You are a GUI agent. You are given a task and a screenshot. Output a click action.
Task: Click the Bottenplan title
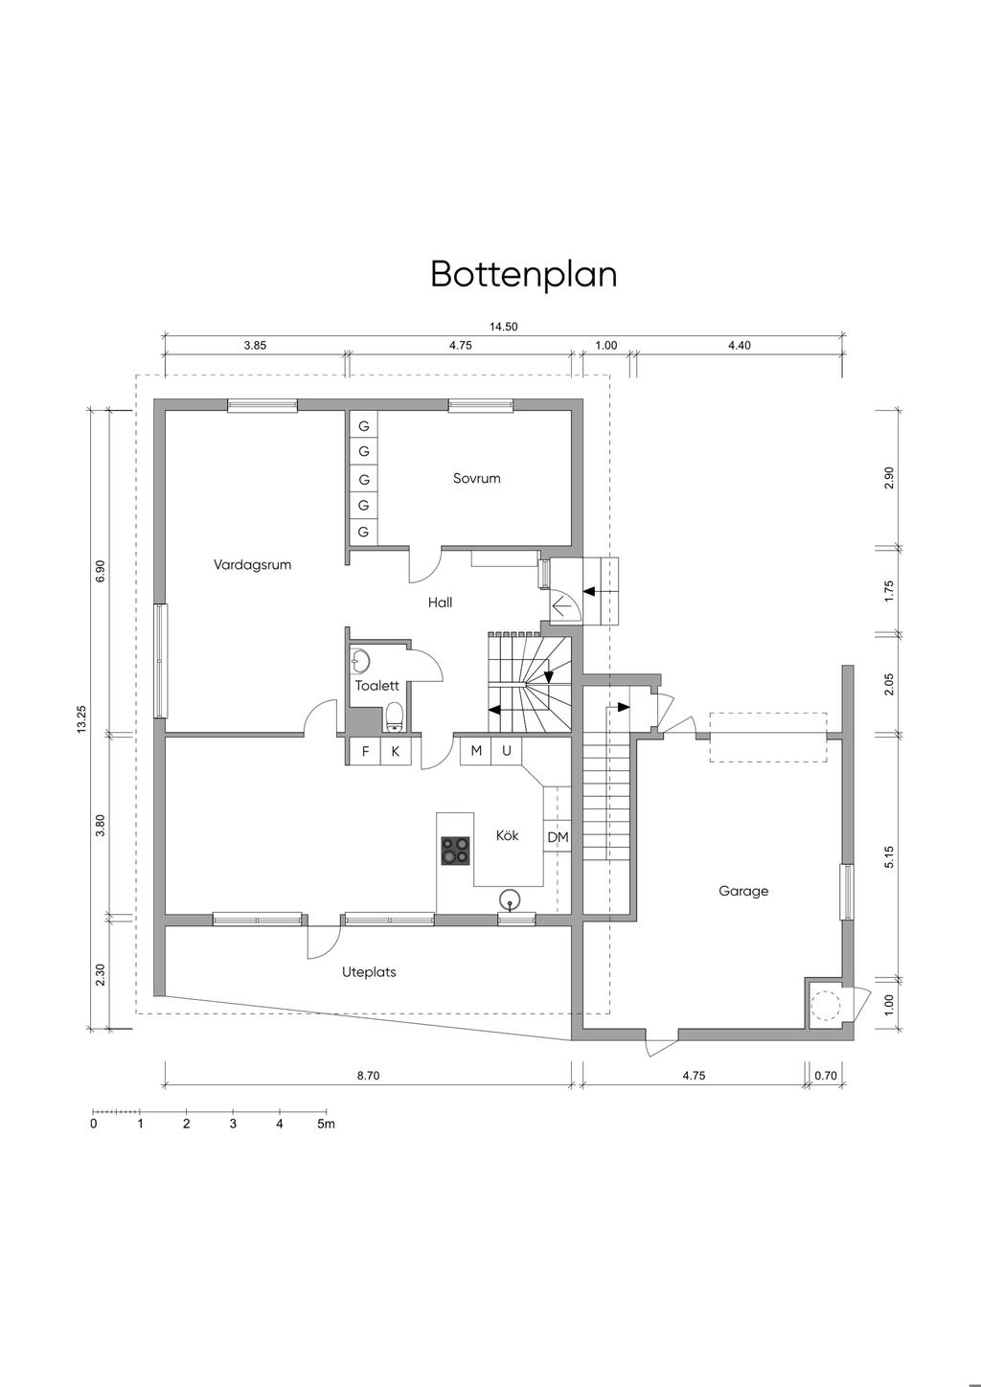click(x=523, y=274)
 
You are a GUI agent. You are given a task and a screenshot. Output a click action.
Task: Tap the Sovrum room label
click(x=476, y=478)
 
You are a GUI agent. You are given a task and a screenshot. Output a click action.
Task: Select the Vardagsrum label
click(x=252, y=565)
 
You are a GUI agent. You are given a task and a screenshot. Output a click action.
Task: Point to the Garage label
click(x=743, y=891)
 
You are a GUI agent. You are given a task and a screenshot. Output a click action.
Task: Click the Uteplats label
click(x=369, y=972)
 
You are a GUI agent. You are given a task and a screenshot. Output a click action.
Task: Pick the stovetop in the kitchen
click(x=455, y=851)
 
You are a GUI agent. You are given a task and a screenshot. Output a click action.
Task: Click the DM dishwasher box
click(x=558, y=837)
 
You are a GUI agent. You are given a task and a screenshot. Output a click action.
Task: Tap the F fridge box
click(x=365, y=752)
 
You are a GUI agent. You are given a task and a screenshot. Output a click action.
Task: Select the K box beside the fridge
click(x=395, y=752)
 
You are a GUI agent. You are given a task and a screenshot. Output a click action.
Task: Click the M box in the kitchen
click(x=475, y=751)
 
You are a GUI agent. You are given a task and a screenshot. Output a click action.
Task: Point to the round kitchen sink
click(x=510, y=899)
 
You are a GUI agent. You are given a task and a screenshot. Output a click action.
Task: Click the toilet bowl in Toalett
click(x=395, y=717)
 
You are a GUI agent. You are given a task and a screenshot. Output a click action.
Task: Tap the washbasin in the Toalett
click(x=359, y=660)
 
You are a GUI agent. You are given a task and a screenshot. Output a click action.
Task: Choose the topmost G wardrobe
click(x=363, y=426)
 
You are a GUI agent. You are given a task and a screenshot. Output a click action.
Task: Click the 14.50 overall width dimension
click(x=504, y=327)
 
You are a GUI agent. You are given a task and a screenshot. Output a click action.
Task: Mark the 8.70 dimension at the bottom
click(x=368, y=1076)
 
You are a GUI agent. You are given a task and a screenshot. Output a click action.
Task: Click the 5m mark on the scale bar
click(x=326, y=1124)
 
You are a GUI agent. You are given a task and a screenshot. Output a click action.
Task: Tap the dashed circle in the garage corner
click(x=826, y=1005)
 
